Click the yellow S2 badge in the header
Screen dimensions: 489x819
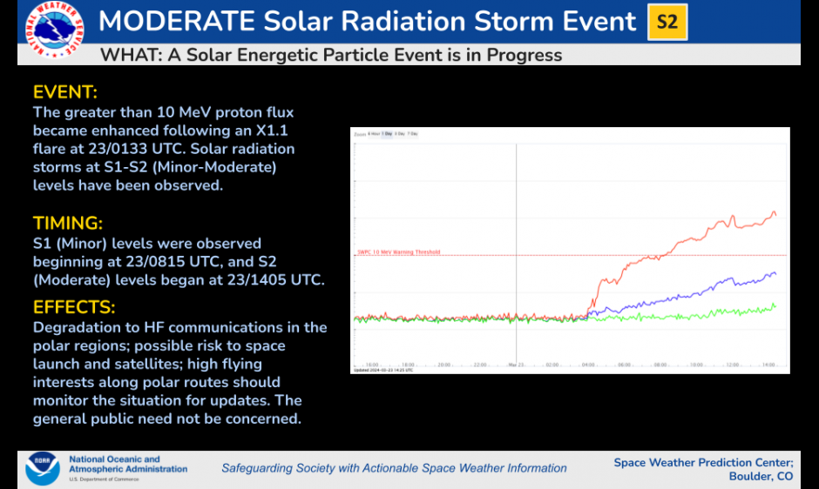pos(667,23)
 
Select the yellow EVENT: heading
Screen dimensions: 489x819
pos(65,92)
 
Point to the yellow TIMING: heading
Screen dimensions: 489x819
pos(68,223)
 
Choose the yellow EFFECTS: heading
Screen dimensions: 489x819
pos(74,307)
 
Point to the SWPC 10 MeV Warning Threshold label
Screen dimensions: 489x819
pos(398,252)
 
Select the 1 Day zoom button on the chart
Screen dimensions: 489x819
pos(387,134)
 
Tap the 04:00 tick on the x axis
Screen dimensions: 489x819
pos(589,365)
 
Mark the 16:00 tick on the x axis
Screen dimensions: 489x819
pos(372,365)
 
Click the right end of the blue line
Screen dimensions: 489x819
pos(775,273)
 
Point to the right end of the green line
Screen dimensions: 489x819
pos(775,305)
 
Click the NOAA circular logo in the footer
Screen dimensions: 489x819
pos(43,468)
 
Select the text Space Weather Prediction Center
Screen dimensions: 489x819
pos(703,462)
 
